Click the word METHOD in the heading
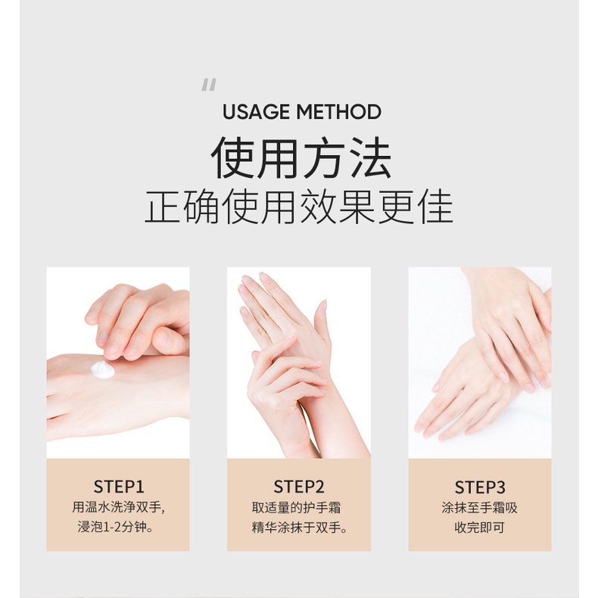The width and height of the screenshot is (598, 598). click(x=338, y=113)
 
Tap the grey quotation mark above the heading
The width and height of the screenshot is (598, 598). click(x=209, y=86)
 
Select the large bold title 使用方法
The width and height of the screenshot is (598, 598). click(x=301, y=158)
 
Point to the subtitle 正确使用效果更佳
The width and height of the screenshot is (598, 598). click(x=299, y=207)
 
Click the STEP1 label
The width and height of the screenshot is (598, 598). click(x=118, y=486)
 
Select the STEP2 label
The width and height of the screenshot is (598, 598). click(x=299, y=486)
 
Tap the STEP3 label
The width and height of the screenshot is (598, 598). click(x=480, y=486)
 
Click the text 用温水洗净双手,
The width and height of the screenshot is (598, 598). click(x=118, y=507)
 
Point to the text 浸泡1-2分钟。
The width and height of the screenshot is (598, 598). click(x=118, y=527)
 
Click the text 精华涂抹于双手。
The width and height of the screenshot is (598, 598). click(x=300, y=527)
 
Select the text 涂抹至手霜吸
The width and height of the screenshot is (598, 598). click(x=480, y=507)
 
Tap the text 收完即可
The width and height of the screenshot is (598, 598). click(x=480, y=527)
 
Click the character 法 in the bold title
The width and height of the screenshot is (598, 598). click(x=369, y=158)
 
